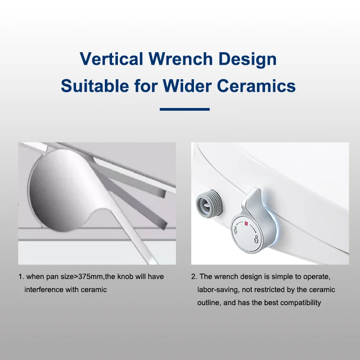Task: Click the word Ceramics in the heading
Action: pyautogui.click(x=264, y=85)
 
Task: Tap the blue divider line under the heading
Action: pyautogui.click(x=184, y=109)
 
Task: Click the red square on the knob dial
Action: pyautogui.click(x=246, y=222)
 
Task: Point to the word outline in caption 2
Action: pyautogui.click(x=209, y=302)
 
